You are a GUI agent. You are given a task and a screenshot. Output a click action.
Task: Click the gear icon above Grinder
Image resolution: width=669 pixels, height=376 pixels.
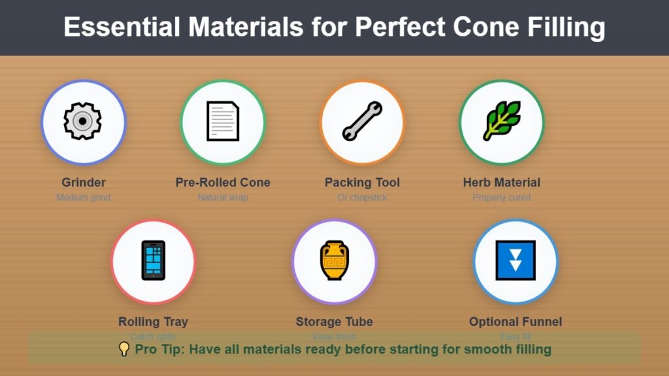pos(83,121)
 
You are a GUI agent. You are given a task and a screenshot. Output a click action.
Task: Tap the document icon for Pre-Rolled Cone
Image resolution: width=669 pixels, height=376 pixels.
pos(223,121)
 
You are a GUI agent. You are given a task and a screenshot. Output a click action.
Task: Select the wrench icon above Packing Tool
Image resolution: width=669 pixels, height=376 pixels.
pos(362,121)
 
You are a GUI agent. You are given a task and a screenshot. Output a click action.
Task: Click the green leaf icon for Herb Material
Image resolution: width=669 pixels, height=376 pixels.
pos(502,121)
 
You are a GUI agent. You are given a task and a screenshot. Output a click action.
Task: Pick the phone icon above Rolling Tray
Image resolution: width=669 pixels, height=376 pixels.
pos(153,261)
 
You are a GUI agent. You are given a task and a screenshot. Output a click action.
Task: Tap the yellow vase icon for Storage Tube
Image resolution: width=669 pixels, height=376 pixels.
pos(334,261)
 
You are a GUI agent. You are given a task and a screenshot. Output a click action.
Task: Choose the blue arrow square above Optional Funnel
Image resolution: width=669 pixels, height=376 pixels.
pos(515,261)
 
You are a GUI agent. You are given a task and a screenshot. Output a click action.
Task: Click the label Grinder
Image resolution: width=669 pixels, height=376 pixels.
pos(84,182)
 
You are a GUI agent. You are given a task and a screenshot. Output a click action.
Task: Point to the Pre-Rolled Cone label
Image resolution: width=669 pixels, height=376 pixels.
pos(223,182)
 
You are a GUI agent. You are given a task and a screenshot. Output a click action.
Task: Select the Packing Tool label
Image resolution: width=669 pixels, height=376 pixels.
pos(362,182)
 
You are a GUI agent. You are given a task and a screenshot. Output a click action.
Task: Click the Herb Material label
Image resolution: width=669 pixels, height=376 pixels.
pos(502,182)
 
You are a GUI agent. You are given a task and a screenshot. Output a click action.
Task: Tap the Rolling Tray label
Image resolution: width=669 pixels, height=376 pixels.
pos(153,321)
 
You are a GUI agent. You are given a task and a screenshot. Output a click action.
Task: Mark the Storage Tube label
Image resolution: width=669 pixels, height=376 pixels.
pos(334,321)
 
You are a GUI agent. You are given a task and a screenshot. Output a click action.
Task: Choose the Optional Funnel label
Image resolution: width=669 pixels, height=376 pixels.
pos(515,321)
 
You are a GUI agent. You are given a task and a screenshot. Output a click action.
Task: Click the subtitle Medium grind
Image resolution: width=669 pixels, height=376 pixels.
pos(84,197)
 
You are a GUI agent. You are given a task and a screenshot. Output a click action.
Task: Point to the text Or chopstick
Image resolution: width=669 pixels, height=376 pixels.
pos(362,197)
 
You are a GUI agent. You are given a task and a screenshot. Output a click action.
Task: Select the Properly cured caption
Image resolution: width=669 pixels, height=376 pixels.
pos(502,197)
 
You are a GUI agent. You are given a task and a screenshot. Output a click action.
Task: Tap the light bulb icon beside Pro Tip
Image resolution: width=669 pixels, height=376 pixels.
pos(124,349)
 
